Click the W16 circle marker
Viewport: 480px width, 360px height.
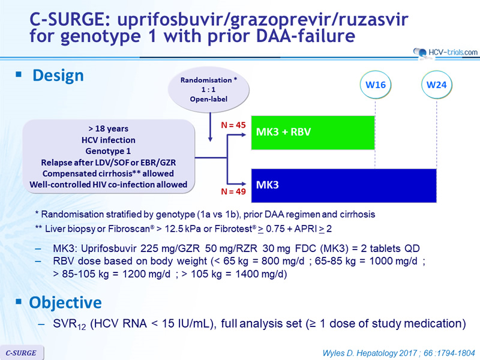click(376, 85)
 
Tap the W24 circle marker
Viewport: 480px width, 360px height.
click(437, 85)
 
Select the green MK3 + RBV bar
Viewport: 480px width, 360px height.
click(313, 133)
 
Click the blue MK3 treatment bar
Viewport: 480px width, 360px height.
click(344, 185)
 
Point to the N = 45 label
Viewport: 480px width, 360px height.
click(233, 125)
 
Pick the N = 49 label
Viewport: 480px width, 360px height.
click(233, 191)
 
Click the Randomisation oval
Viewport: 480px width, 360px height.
click(208, 89)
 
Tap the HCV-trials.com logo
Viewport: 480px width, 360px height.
click(445, 52)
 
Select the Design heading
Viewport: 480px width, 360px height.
click(58, 76)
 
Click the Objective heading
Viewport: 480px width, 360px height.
click(65, 302)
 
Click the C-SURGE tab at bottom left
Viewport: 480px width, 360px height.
click(22, 353)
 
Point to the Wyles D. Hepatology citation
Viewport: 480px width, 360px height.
click(399, 353)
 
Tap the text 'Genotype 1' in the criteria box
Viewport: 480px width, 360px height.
click(108, 151)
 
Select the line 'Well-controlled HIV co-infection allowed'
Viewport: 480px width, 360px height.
click(109, 185)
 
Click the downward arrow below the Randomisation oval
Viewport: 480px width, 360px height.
click(210, 127)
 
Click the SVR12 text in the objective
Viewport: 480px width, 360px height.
click(70, 324)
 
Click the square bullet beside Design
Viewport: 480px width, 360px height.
click(19, 74)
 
